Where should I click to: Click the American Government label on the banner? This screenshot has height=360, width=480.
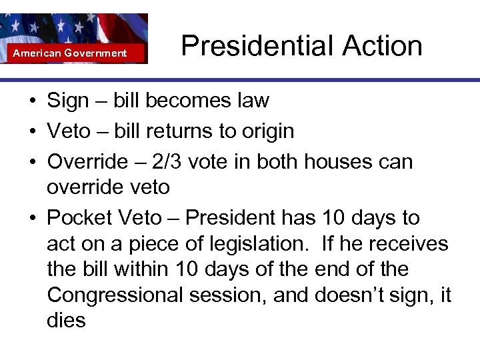[70, 53]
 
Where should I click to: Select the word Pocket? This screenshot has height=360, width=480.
[79, 218]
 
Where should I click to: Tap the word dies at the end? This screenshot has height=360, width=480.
[66, 320]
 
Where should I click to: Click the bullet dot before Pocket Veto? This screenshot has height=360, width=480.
[32, 219]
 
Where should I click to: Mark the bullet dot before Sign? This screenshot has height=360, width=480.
[32, 101]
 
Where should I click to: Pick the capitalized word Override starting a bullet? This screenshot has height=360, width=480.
[86, 162]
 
